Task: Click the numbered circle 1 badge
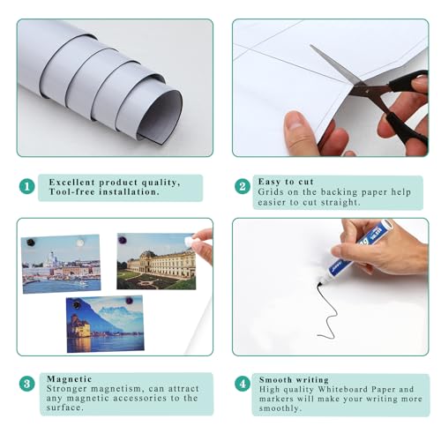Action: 27,187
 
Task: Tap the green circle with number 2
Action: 242,187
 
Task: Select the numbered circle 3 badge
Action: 27,384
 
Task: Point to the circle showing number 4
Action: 242,384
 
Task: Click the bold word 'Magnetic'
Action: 70,377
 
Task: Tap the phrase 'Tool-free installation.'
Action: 104,191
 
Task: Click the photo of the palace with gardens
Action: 156,262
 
